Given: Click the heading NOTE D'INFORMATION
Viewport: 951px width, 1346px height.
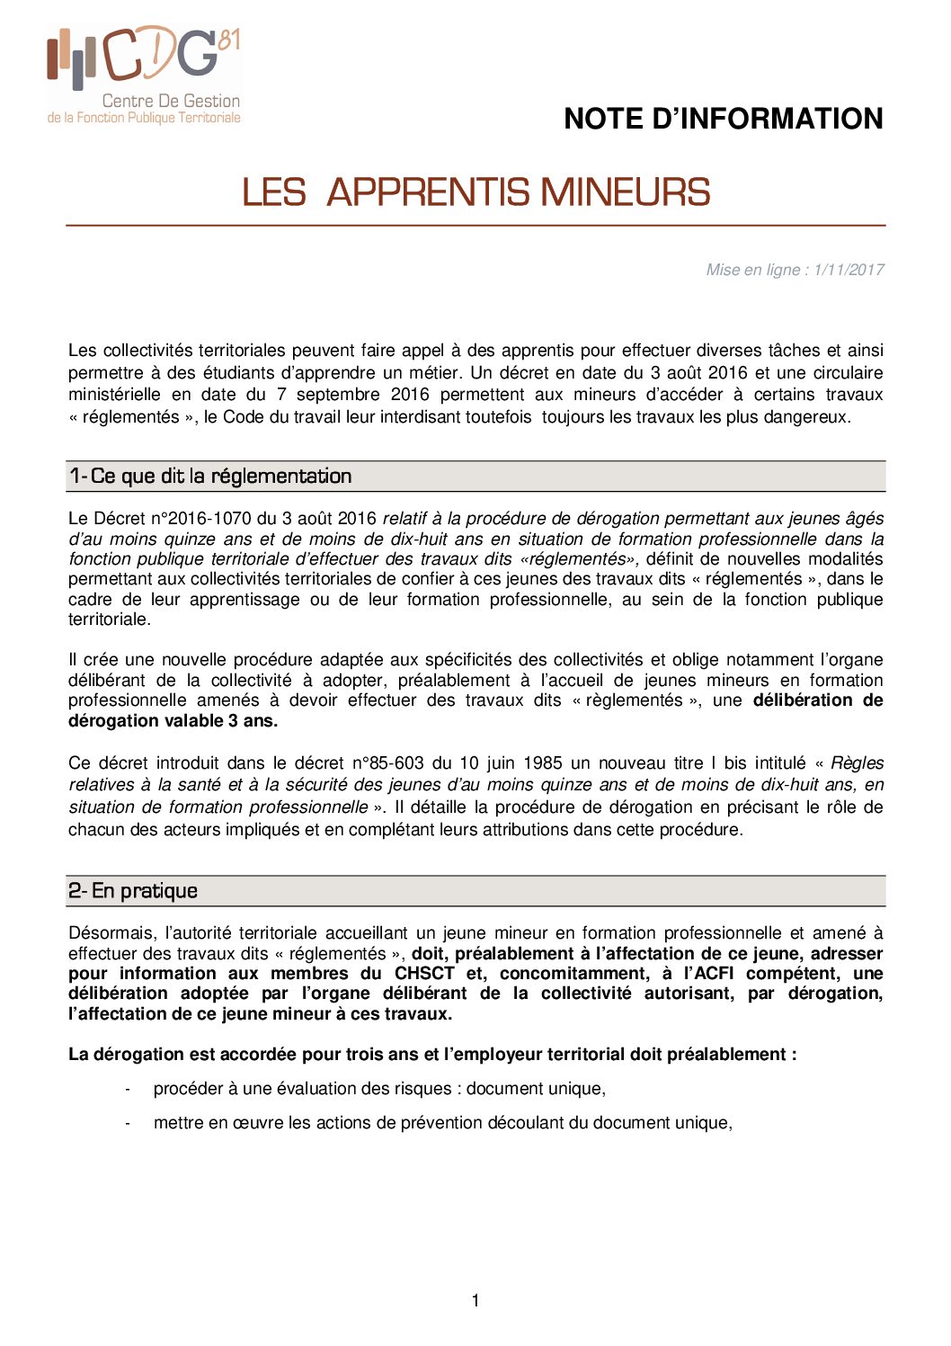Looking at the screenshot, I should [723, 119].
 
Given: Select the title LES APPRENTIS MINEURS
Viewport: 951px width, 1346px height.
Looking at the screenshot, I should [475, 192].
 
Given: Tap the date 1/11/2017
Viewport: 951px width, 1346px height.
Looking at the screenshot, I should [849, 270].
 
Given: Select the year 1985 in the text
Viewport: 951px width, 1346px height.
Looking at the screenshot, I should [543, 763].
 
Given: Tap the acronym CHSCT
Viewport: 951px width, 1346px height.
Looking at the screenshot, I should [424, 974].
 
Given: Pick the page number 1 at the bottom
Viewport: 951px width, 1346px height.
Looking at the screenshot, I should [475, 1300].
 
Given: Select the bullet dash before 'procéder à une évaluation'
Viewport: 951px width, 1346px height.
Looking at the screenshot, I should [129, 1090].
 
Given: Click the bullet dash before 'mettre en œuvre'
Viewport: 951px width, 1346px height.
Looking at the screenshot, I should [129, 1124].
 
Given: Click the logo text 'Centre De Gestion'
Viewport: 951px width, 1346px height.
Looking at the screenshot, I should [171, 102].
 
